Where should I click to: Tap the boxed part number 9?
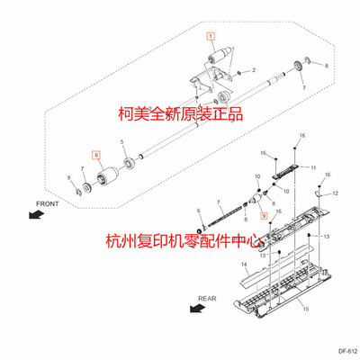click(x=263, y=216)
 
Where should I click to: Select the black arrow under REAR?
click(x=196, y=308)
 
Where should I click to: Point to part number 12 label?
click(x=337, y=193)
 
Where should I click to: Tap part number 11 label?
click(x=313, y=168)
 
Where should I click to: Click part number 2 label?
click(x=255, y=69)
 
